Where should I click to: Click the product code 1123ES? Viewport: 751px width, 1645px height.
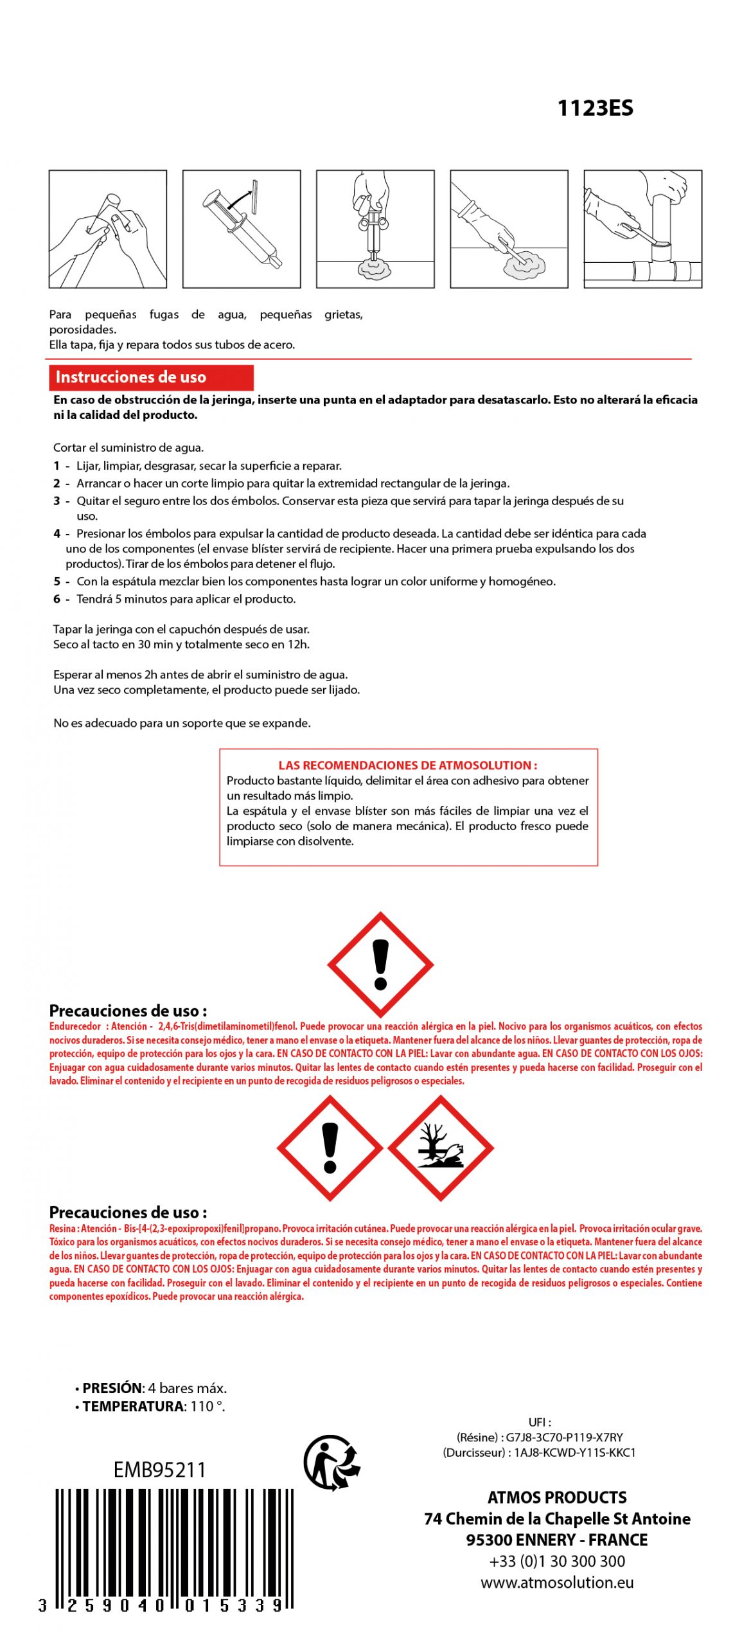594,108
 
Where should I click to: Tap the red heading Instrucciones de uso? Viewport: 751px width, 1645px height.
131,377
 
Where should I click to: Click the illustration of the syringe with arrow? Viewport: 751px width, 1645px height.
241,229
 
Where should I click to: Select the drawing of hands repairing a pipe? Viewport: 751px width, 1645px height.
642,229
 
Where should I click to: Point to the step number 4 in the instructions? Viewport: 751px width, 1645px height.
57,533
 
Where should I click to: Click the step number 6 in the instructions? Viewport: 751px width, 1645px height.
57,599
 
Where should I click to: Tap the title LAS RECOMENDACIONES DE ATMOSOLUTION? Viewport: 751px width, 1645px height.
407,765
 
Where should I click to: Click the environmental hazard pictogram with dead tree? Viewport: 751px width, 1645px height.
441,1148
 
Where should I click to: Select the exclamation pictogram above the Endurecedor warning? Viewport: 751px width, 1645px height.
380,964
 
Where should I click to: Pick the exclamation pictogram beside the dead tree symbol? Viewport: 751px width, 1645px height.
330,1148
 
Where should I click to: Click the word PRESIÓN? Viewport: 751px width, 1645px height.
112,1388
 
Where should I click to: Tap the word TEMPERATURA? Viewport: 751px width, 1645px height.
133,1406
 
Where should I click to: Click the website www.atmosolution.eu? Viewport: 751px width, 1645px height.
557,1582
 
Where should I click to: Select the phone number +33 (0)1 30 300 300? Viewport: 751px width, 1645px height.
557,1561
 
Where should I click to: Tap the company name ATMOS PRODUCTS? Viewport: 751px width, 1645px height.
557,1497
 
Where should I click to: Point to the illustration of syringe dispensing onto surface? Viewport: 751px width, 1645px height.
375,229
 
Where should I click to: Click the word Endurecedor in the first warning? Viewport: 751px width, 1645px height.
75,1026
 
